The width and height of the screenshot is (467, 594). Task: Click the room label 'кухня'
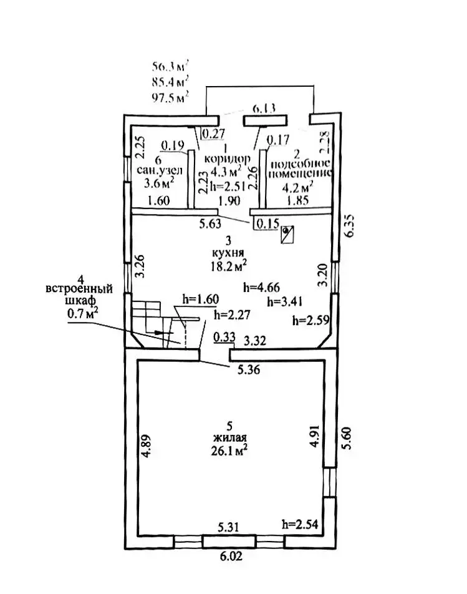click(228, 253)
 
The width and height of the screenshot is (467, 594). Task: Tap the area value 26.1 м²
click(229, 450)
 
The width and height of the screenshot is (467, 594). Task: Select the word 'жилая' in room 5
click(229, 438)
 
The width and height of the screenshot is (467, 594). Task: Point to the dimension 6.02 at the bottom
click(231, 556)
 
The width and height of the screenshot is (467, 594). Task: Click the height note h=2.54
click(300, 524)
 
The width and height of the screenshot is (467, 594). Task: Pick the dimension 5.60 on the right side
click(346, 438)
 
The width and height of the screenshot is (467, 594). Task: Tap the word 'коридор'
click(227, 158)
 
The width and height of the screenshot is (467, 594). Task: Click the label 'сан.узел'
click(160, 170)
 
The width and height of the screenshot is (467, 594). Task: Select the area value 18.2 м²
click(229, 266)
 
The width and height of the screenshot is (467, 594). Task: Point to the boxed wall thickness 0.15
click(267, 223)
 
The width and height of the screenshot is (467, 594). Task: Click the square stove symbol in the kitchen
click(287, 235)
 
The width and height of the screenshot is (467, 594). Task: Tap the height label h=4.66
click(261, 288)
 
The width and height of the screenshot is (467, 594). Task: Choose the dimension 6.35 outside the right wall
click(349, 226)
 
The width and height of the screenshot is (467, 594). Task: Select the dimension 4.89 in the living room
click(146, 445)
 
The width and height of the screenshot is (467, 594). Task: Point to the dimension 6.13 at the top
click(264, 109)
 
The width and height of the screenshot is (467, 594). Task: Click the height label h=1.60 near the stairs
click(200, 299)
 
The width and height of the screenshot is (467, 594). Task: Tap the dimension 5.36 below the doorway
click(249, 369)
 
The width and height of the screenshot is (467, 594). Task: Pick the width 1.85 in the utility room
click(297, 200)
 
